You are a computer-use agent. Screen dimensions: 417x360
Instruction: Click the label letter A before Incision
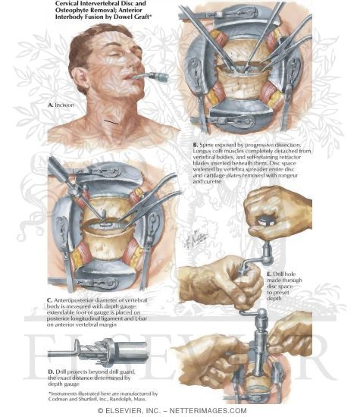coord(50,105)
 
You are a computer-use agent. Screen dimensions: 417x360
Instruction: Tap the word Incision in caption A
coord(65,105)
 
